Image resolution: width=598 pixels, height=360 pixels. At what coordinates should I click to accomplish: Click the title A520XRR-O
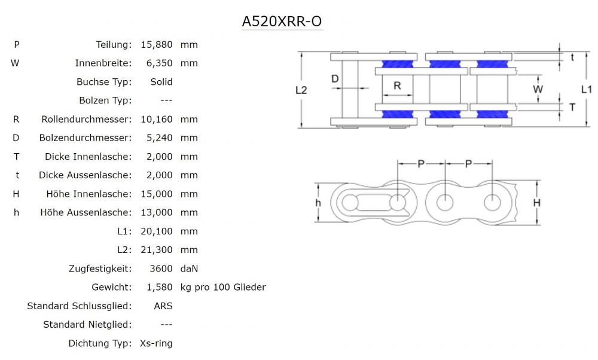[x=282, y=22]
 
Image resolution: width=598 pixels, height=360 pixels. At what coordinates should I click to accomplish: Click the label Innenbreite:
[x=103, y=63]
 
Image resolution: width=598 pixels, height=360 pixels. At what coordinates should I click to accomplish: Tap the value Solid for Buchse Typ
[x=161, y=82]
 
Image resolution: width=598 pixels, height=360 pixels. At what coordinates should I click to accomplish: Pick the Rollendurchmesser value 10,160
[x=157, y=120]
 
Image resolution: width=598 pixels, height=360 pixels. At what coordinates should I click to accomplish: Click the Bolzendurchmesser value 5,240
[x=159, y=138]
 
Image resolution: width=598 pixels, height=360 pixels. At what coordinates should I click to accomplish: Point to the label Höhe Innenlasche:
[x=89, y=194]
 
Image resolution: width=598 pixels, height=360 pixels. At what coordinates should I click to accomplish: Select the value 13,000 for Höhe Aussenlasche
[x=157, y=212]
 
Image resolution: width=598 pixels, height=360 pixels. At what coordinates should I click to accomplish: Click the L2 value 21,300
[x=157, y=249]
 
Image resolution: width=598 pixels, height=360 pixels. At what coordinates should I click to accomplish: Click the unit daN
[x=189, y=269]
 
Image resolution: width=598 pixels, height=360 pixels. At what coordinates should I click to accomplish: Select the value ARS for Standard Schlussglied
[x=163, y=306]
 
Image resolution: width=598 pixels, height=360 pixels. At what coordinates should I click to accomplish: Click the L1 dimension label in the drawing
[x=586, y=89]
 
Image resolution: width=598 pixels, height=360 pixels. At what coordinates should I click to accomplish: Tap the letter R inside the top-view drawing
[x=397, y=86]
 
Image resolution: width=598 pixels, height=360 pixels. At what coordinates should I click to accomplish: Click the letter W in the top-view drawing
[x=538, y=89]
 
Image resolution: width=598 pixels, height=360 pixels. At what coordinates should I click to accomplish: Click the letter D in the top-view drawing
[x=335, y=78]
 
